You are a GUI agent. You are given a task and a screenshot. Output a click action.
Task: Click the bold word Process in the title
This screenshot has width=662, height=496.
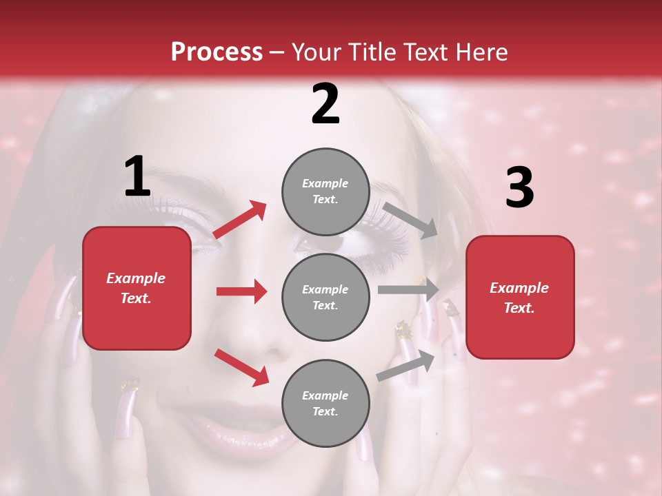(217, 52)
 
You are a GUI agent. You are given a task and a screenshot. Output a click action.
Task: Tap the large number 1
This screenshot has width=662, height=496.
(137, 177)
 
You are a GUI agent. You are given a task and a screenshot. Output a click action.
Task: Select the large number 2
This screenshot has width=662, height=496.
(325, 104)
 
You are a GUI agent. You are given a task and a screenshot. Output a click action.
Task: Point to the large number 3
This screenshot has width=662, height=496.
(519, 187)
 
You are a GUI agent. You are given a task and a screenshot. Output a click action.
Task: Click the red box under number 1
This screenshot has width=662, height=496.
(137, 288)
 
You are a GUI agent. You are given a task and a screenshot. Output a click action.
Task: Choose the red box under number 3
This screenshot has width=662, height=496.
(520, 297)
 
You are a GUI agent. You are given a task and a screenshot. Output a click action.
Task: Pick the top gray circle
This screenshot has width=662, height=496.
(325, 192)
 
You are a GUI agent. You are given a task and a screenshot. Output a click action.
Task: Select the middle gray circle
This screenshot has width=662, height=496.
(325, 297)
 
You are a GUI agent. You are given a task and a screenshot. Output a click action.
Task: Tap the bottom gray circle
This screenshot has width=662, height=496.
(325, 403)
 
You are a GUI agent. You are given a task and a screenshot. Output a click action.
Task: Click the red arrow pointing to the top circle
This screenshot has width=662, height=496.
(240, 220)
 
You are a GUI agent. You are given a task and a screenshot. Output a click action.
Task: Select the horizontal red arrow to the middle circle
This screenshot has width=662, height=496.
(241, 291)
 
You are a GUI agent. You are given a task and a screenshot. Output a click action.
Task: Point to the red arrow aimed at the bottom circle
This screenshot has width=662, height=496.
(241, 366)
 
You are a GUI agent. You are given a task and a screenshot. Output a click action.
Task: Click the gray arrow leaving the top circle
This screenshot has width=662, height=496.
(410, 220)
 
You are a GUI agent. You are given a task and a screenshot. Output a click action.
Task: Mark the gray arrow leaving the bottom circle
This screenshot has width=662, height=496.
(405, 365)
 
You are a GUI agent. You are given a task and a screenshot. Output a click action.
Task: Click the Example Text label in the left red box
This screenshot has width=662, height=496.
(136, 288)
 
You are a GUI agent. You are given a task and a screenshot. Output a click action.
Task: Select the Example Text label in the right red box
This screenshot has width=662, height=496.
(519, 298)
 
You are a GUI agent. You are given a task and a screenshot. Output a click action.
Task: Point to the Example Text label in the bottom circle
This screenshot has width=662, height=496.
(325, 404)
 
